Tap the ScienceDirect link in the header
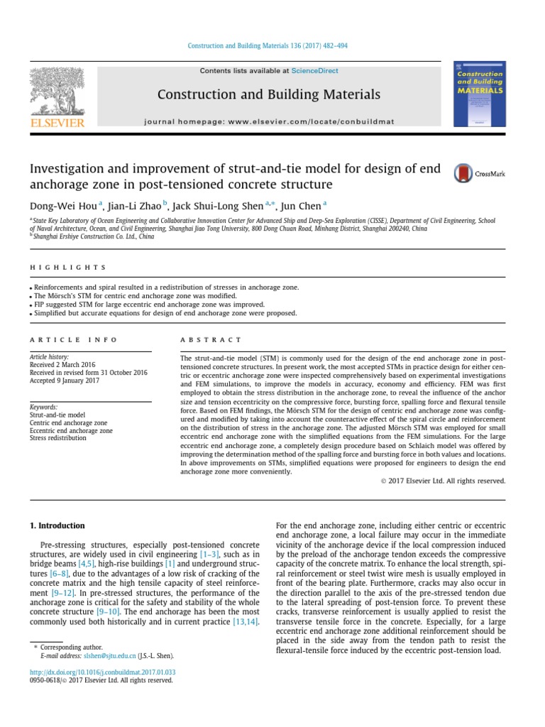pyautogui.click(x=314, y=71)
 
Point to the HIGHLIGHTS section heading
pyautogui.click(x=67, y=268)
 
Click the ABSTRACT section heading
pyautogui.click(x=211, y=340)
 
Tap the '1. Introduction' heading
pyautogui.click(x=57, y=525)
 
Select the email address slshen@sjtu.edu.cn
pyautogui.click(x=109, y=656)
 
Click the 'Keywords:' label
pyautogui.click(x=43, y=407)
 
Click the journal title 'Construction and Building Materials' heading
pyautogui.click(x=268, y=94)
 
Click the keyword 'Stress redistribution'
pyautogui.click(x=57, y=438)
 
